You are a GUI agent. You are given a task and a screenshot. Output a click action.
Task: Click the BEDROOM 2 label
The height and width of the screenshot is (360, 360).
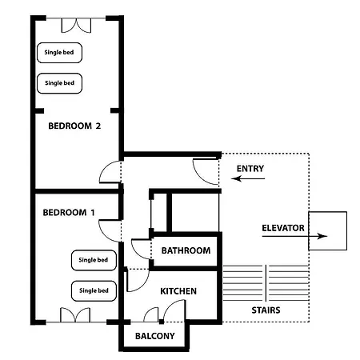74,126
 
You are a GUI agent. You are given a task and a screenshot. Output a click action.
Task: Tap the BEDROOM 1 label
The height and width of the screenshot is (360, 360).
69,213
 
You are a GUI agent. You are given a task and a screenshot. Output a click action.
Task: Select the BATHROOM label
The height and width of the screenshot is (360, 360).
186,250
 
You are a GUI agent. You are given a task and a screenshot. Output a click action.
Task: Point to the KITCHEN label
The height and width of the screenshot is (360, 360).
178,291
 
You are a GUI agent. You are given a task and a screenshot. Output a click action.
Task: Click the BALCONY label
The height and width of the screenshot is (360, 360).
155,336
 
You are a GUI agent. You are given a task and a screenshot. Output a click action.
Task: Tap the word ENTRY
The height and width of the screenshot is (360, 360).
250,169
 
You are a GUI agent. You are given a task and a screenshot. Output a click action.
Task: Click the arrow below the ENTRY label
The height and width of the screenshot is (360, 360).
248,178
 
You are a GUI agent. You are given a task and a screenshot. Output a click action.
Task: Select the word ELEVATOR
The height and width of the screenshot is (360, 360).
283,228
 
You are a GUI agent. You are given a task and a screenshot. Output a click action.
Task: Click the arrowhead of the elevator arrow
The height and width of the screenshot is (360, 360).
322,236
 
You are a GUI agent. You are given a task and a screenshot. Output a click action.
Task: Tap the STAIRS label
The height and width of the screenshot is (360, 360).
266,310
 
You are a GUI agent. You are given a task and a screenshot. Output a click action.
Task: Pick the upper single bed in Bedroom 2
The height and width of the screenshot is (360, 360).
59,53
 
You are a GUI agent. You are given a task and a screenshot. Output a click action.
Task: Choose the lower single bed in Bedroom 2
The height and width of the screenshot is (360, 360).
59,83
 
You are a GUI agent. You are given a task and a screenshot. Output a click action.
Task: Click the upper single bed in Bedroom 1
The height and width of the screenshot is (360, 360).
94,260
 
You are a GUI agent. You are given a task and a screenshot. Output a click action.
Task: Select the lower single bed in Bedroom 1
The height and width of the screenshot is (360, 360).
94,291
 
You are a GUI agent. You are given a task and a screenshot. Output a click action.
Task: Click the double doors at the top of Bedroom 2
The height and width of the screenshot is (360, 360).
76,26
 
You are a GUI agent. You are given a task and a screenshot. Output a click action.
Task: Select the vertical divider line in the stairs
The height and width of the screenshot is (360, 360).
266,282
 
